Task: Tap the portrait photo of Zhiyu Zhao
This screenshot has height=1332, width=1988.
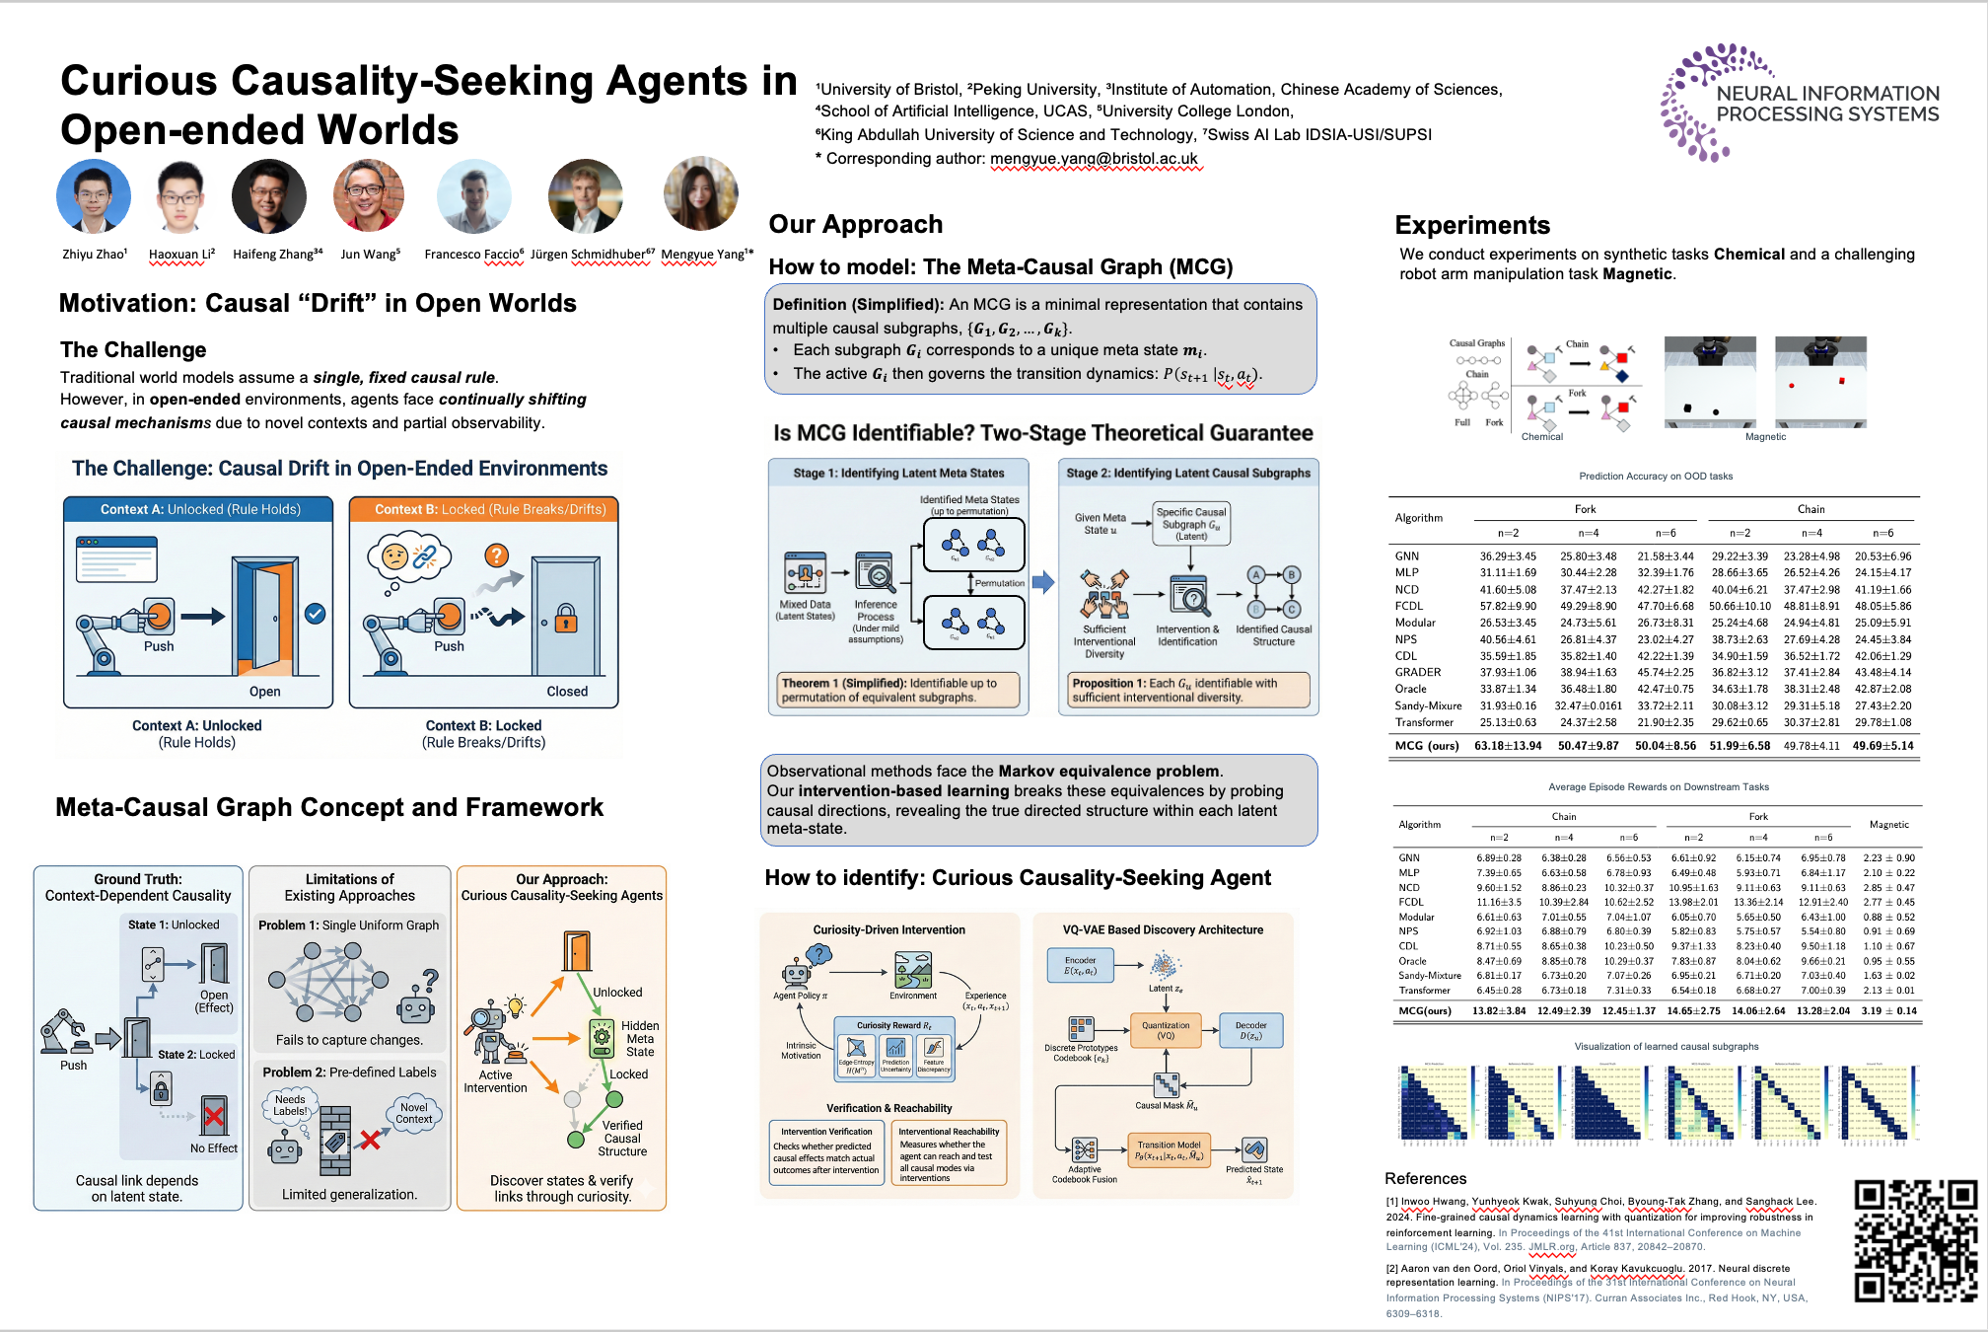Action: (x=94, y=196)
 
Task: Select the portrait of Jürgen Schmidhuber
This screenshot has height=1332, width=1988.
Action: (x=586, y=195)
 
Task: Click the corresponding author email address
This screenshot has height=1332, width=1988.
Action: (x=1094, y=159)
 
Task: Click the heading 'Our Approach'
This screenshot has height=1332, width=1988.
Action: (x=855, y=224)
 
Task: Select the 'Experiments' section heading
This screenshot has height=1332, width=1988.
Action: (x=1471, y=225)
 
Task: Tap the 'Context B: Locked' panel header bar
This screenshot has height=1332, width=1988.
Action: (x=484, y=509)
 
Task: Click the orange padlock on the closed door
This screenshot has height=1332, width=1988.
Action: (x=565, y=619)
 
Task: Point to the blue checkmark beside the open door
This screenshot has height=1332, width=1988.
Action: (x=315, y=614)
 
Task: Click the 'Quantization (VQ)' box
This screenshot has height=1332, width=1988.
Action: (x=1166, y=1030)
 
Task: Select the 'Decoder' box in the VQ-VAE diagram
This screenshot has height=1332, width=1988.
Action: (x=1250, y=1030)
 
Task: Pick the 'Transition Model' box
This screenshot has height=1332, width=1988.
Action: (x=1169, y=1150)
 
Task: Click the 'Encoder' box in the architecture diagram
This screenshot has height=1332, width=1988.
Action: (x=1080, y=965)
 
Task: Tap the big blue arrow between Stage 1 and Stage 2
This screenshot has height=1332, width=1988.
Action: (x=1043, y=582)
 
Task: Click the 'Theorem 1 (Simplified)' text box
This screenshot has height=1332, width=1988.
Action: (x=898, y=690)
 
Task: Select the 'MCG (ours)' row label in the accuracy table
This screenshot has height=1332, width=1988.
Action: (x=1426, y=746)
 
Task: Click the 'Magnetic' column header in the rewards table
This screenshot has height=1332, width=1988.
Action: (x=1888, y=824)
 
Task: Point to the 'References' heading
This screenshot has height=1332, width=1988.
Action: (x=1425, y=1178)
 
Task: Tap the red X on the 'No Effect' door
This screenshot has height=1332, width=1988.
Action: (x=214, y=1117)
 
